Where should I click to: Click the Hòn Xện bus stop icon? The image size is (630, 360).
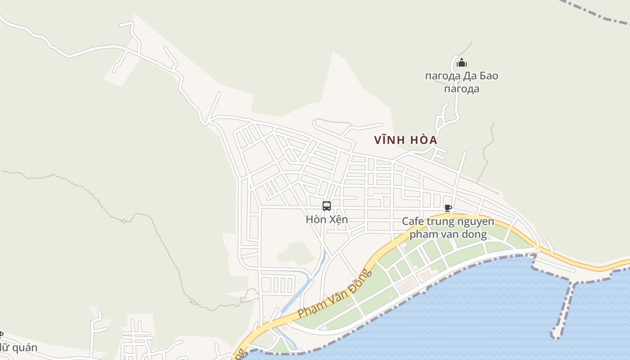point(327,206)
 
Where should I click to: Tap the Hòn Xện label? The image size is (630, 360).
point(327,220)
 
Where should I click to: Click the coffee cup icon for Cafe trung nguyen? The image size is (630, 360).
point(448,208)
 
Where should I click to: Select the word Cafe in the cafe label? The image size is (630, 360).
point(412,221)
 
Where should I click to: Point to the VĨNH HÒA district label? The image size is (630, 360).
point(405,140)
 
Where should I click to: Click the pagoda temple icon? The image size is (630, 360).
point(462,63)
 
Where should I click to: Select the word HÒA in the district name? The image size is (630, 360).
point(423,140)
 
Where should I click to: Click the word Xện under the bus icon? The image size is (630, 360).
point(338,220)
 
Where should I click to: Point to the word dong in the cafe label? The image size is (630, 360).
point(474,234)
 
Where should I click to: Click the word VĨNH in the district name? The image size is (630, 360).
point(388,140)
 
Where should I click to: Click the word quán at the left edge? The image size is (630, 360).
point(25,348)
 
